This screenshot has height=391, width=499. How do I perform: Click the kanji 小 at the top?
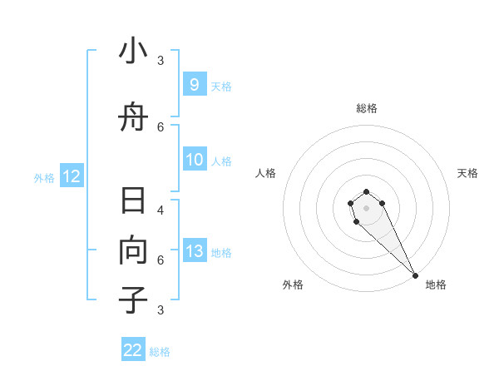[133, 52]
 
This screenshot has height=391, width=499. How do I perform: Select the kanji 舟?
[133, 118]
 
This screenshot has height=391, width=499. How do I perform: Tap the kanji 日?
[133, 202]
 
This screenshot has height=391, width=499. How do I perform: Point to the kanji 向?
[133, 251]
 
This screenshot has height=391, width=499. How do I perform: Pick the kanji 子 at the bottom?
[133, 300]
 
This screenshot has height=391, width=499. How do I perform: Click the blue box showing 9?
[194, 84]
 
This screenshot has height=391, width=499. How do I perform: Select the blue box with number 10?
[194, 161]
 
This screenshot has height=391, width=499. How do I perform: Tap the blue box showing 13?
[194, 251]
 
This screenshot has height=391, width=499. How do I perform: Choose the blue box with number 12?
[71, 176]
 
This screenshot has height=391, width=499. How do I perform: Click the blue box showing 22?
[133, 350]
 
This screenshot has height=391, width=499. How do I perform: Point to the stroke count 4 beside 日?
[161, 210]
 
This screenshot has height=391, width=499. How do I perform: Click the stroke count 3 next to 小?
[161, 60]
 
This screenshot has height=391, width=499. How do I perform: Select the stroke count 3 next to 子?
[161, 310]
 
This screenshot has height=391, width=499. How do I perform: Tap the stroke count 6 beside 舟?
[161, 126]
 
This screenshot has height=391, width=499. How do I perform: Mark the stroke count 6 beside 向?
[161, 260]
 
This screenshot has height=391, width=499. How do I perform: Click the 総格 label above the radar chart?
[367, 108]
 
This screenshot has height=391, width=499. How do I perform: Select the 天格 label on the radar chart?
[468, 173]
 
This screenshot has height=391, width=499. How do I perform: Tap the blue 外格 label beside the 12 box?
[44, 177]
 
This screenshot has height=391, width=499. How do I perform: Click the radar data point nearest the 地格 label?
[415, 275]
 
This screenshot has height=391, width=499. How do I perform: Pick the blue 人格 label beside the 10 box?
[221, 161]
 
